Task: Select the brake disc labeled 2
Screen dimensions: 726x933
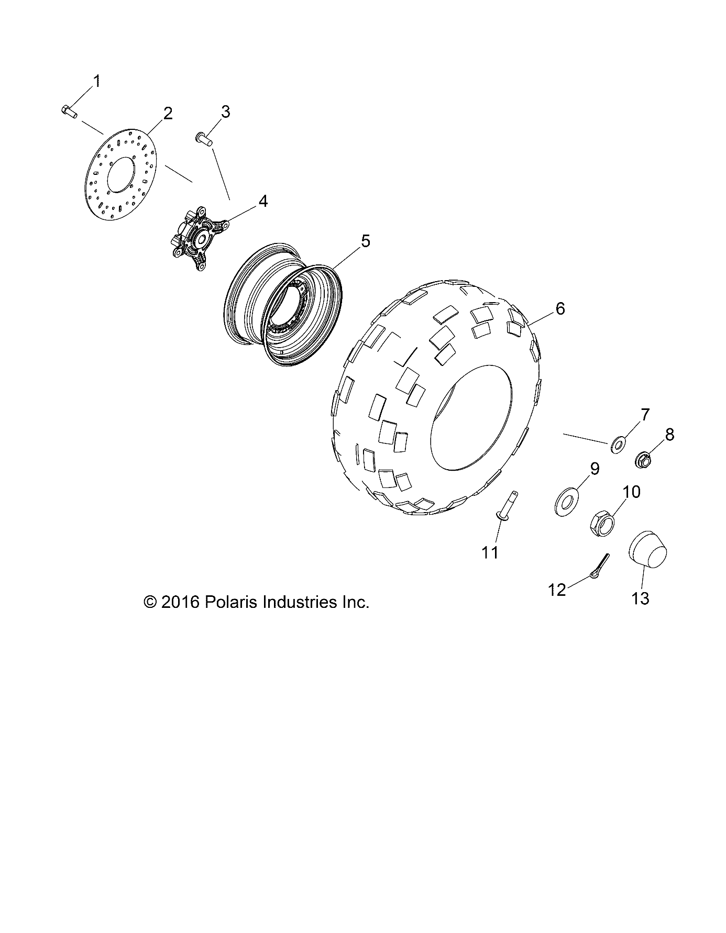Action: coord(121,179)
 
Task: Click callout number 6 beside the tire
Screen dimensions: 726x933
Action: coord(560,309)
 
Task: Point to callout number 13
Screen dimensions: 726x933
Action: coord(640,598)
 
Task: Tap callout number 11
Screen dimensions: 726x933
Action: coord(490,552)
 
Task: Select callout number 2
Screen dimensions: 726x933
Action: coord(168,113)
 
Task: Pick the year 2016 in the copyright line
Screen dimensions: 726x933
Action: coord(180,602)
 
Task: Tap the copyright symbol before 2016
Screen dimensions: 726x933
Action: coord(150,602)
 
